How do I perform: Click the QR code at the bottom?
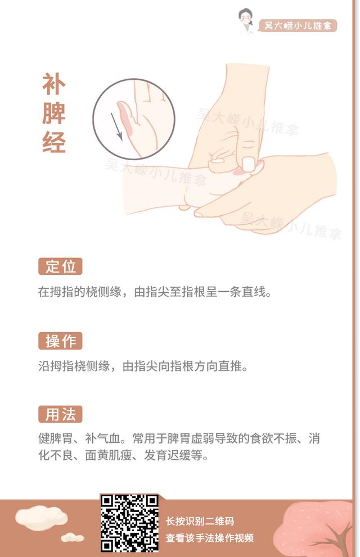pos(129,523)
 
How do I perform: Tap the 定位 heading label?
pos(60,266)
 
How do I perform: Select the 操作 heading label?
pos(60,341)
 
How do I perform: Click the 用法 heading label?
pos(60,415)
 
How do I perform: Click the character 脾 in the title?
pos(54,114)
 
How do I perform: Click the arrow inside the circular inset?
pos(117,126)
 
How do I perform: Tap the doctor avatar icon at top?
pos(245,21)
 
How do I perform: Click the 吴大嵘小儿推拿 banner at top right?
pos(298,26)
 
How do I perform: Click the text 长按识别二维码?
pos(200,521)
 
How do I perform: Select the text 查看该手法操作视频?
pos(210,537)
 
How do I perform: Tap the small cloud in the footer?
pos(72,538)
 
